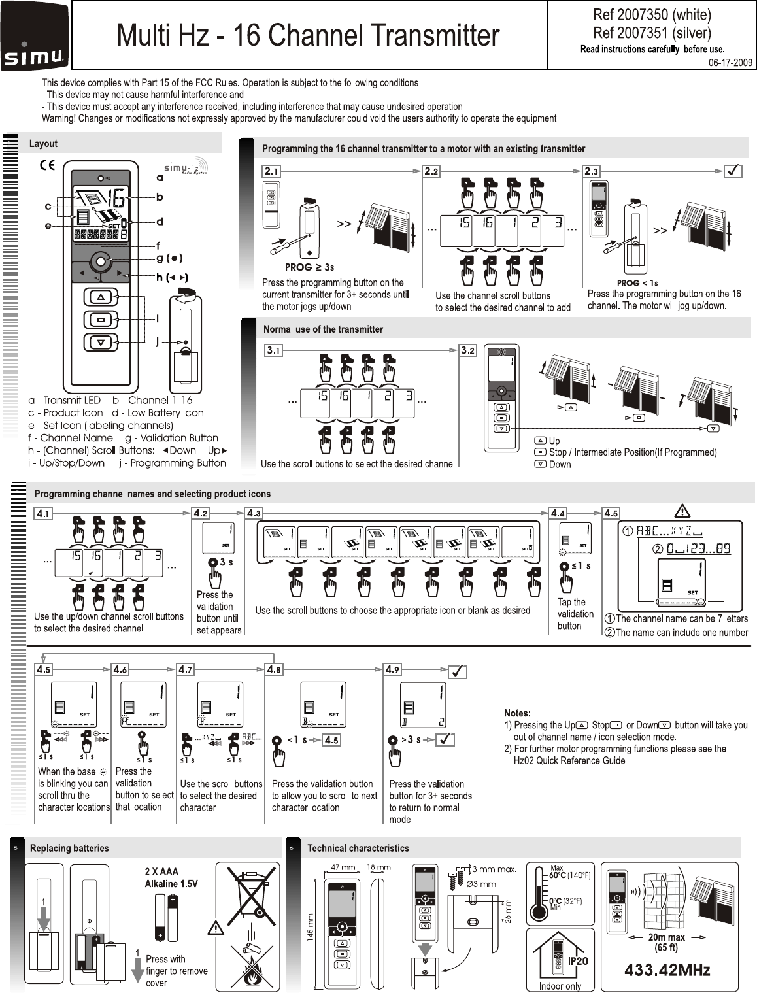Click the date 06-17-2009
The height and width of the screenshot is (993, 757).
point(731,63)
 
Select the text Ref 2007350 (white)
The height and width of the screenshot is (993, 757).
point(652,14)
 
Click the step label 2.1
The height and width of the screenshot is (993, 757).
point(271,171)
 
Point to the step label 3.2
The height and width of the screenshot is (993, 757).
point(468,351)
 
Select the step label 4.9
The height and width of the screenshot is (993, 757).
point(392,669)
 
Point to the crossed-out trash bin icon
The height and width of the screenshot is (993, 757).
point(252,895)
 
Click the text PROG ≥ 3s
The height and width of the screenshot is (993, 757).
point(310,267)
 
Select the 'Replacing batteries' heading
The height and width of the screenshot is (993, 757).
point(69,849)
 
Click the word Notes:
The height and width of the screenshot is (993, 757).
point(517,713)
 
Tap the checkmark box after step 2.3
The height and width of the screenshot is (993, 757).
point(733,171)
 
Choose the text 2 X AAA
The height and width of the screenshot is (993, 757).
point(161,871)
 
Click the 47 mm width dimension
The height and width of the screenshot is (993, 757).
point(343,867)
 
